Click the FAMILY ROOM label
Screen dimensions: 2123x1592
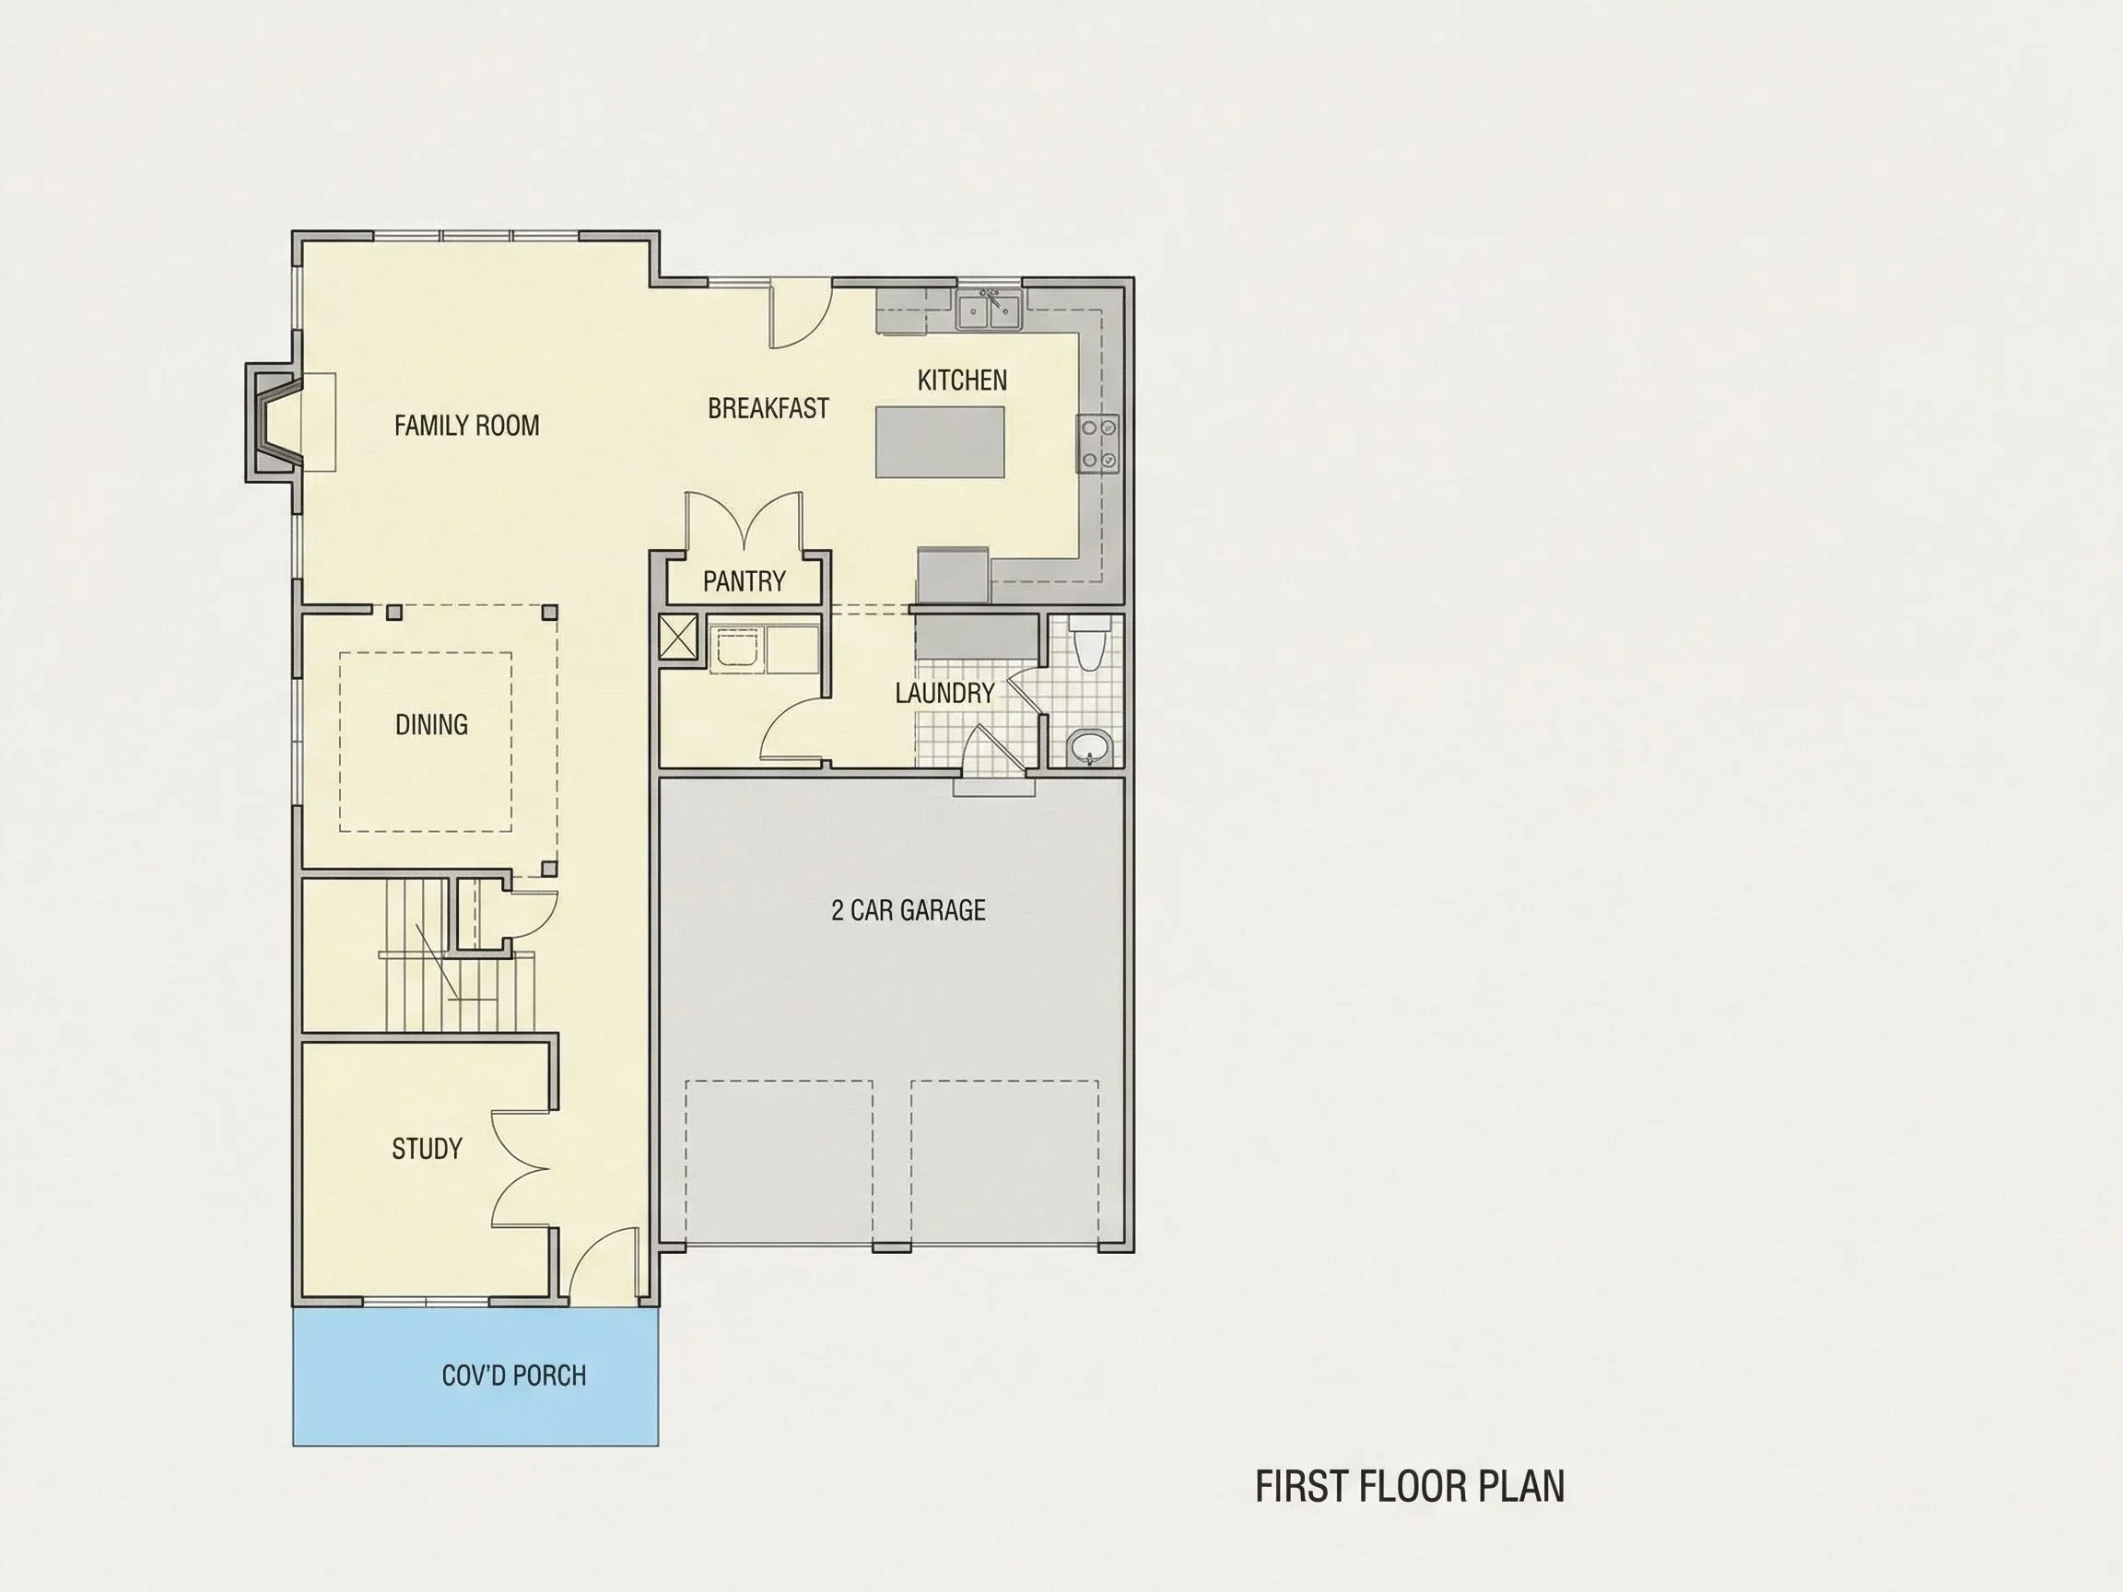[466, 425]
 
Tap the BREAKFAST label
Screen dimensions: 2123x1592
[768, 408]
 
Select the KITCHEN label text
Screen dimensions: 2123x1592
[962, 380]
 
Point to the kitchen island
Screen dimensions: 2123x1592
[940, 441]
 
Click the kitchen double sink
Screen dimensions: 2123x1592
[988, 309]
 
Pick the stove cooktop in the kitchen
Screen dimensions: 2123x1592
[1098, 443]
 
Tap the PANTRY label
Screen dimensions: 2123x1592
[744, 580]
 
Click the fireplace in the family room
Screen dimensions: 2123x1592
[276, 422]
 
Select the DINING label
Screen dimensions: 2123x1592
[431, 724]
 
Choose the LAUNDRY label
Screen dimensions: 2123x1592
[944, 693]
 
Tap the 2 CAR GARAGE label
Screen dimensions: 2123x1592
[908, 909]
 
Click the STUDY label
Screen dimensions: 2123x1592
[428, 1149]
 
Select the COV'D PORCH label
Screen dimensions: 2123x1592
[513, 1375]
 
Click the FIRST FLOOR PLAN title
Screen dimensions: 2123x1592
[1410, 1485]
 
